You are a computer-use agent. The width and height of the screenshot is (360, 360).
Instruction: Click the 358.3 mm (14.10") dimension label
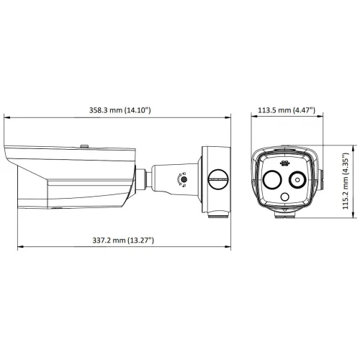click(x=119, y=109)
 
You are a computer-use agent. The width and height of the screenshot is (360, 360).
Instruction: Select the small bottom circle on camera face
click(x=285, y=195)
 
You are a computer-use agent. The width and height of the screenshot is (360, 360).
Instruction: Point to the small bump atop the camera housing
click(x=84, y=145)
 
